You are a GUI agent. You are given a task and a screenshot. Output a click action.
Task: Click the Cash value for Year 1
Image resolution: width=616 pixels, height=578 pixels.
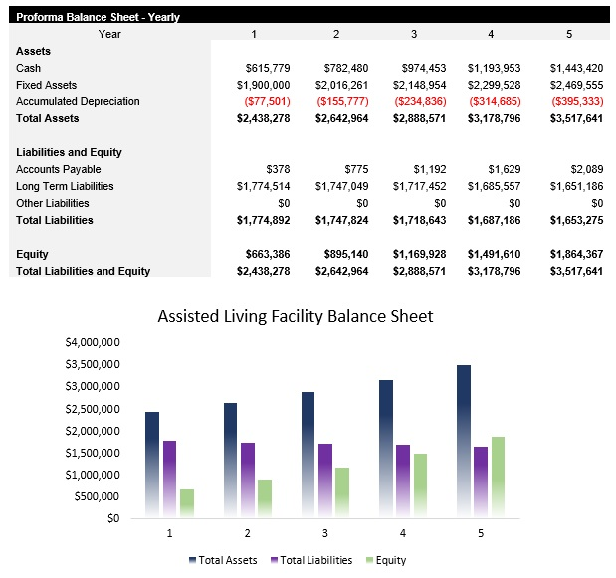point(267,68)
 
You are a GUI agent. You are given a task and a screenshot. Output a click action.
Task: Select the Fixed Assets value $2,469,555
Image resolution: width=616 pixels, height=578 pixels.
point(576,85)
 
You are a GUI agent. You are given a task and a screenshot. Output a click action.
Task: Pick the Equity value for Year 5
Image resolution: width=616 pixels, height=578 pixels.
point(576,254)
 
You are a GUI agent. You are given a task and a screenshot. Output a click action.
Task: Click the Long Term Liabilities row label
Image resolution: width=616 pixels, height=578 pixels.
point(65,186)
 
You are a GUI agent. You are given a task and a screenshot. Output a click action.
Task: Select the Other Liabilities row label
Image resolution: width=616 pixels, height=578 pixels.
point(53,203)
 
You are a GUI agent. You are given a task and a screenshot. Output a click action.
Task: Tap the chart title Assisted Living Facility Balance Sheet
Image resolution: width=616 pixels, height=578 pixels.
point(296,316)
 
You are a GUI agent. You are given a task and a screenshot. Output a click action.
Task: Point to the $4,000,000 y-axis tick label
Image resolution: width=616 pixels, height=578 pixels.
point(93,342)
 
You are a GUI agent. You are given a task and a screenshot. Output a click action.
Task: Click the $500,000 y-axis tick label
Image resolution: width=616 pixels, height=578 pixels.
point(97,496)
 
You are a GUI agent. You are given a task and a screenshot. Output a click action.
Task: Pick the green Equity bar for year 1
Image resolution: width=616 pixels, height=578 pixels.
point(187,502)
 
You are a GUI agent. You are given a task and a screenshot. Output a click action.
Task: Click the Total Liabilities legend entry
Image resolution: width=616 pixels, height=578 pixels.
point(311,560)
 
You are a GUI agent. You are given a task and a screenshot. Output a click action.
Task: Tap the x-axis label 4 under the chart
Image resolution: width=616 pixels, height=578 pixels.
point(403,533)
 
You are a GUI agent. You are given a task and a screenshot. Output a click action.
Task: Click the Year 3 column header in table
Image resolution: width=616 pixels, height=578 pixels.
point(414,34)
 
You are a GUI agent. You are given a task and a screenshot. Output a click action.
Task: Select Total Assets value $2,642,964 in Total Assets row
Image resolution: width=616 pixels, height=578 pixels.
point(341,118)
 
